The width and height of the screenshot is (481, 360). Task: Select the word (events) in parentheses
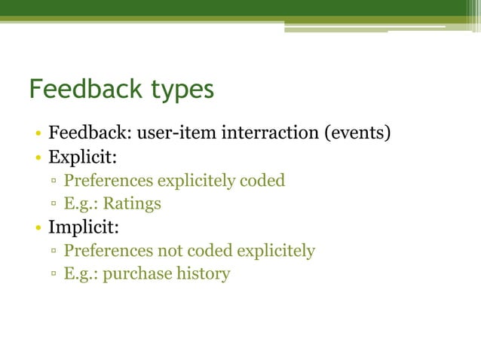357,136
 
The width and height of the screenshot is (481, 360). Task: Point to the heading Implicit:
84,227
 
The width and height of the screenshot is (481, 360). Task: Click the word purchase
136,273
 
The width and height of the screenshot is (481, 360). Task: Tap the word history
203,273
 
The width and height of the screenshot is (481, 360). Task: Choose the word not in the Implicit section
170,250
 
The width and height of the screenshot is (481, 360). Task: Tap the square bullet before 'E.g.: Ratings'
55,204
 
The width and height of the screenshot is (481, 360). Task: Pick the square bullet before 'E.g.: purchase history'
55,273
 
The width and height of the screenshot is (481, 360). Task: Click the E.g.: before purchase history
81,273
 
